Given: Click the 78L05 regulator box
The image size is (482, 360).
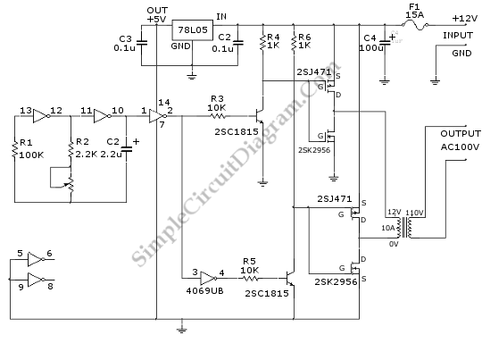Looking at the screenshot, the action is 192,30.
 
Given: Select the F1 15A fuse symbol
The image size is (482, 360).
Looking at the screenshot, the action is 415,25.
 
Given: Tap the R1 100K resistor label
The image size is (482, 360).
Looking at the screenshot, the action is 29,149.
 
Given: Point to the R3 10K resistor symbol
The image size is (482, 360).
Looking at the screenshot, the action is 218,116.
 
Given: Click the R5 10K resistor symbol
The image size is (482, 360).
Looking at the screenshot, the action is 250,279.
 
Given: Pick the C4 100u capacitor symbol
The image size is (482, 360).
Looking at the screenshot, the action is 384,43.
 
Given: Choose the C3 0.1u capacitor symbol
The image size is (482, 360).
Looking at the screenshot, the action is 141,43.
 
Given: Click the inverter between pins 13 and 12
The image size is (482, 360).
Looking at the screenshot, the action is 41,116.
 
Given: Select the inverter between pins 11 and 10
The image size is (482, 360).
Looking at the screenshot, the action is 103,116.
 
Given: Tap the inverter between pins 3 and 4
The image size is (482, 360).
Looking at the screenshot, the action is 208,279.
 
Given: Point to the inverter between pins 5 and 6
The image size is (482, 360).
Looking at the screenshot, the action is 37,259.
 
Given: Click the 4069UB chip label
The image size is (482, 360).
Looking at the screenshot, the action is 204,291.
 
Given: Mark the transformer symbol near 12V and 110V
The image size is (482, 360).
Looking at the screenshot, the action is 405,228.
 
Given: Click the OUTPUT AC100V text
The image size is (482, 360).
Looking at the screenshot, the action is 461,140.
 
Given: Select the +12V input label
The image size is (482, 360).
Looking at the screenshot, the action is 465,19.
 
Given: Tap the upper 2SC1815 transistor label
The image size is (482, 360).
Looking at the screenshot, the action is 237,132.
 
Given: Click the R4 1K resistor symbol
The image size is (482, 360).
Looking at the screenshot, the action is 262,42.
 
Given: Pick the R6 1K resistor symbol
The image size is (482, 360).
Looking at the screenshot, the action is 294,42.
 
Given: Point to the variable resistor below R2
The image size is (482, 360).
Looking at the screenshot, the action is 71,184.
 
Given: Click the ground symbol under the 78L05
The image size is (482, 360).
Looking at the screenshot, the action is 192,76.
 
